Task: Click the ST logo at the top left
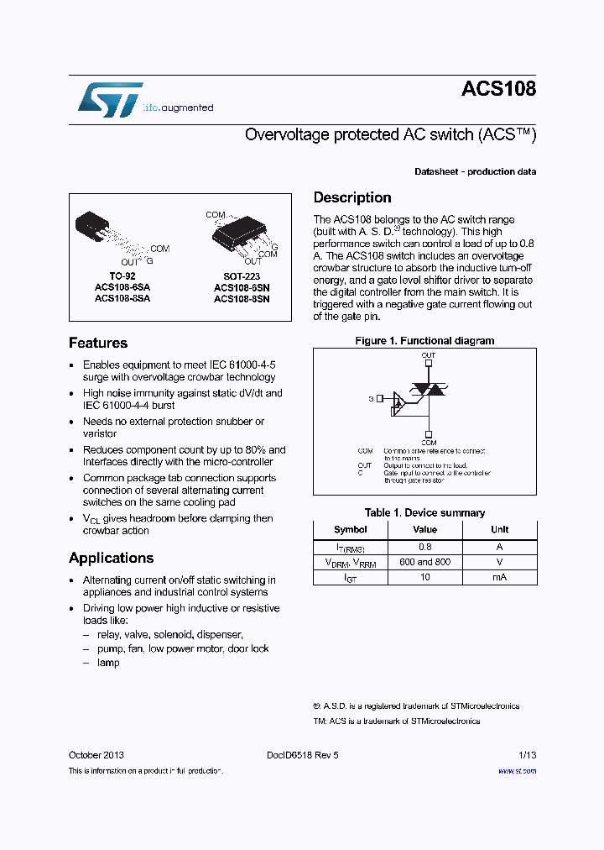110,99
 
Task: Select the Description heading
352,197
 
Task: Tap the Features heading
98,343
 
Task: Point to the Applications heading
111,558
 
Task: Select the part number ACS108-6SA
122,286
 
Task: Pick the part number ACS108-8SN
241,298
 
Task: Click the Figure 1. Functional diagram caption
424,341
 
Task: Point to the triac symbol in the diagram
429,391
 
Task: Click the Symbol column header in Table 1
350,530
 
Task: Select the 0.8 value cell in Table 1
424,547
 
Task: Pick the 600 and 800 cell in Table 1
424,562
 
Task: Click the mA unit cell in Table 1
499,577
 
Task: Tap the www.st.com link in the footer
517,770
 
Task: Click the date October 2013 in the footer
96,755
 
